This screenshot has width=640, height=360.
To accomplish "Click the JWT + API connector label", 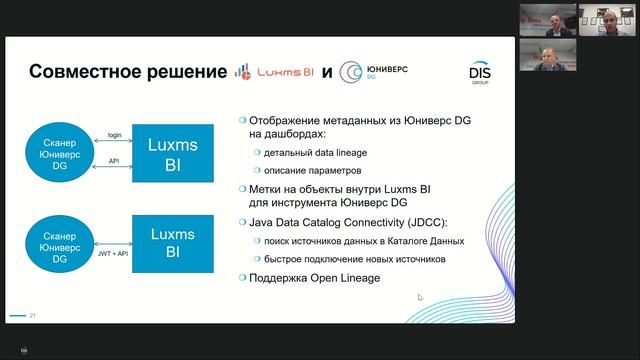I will [115, 255].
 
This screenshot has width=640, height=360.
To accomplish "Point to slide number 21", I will [33, 316].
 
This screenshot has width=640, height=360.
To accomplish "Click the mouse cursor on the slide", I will [420, 297].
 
